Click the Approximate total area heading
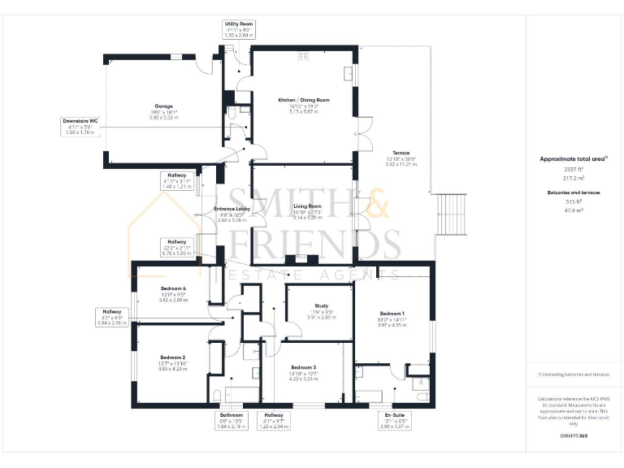(x=574, y=158)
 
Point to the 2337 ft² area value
(x=573, y=168)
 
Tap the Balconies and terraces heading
(x=573, y=192)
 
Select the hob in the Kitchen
(x=303, y=55)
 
